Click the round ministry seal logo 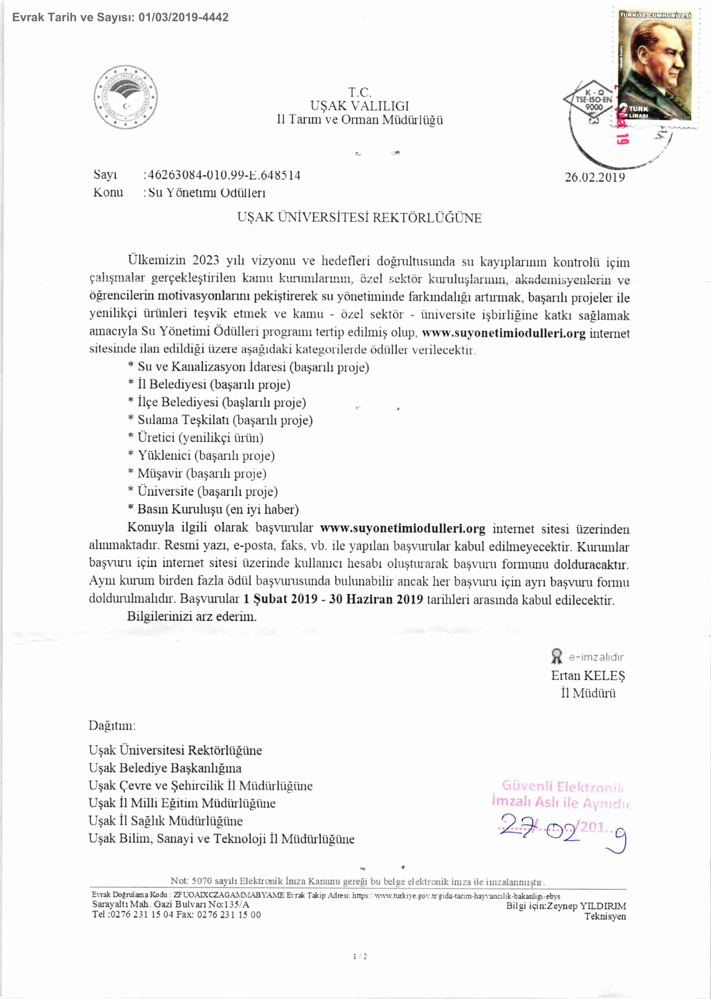pos(126,97)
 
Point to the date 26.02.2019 pos(595,177)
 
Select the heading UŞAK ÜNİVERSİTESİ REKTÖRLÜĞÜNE pos(359,218)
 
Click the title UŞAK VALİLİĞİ pos(359,106)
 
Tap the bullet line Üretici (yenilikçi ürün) pos(200,438)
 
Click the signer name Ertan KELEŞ pos(587,675)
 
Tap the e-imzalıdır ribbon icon pos(556,657)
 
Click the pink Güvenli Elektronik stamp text pos(562,786)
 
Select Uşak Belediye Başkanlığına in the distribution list pos(165,768)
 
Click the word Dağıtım pos(112,726)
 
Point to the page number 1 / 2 pos(359,957)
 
